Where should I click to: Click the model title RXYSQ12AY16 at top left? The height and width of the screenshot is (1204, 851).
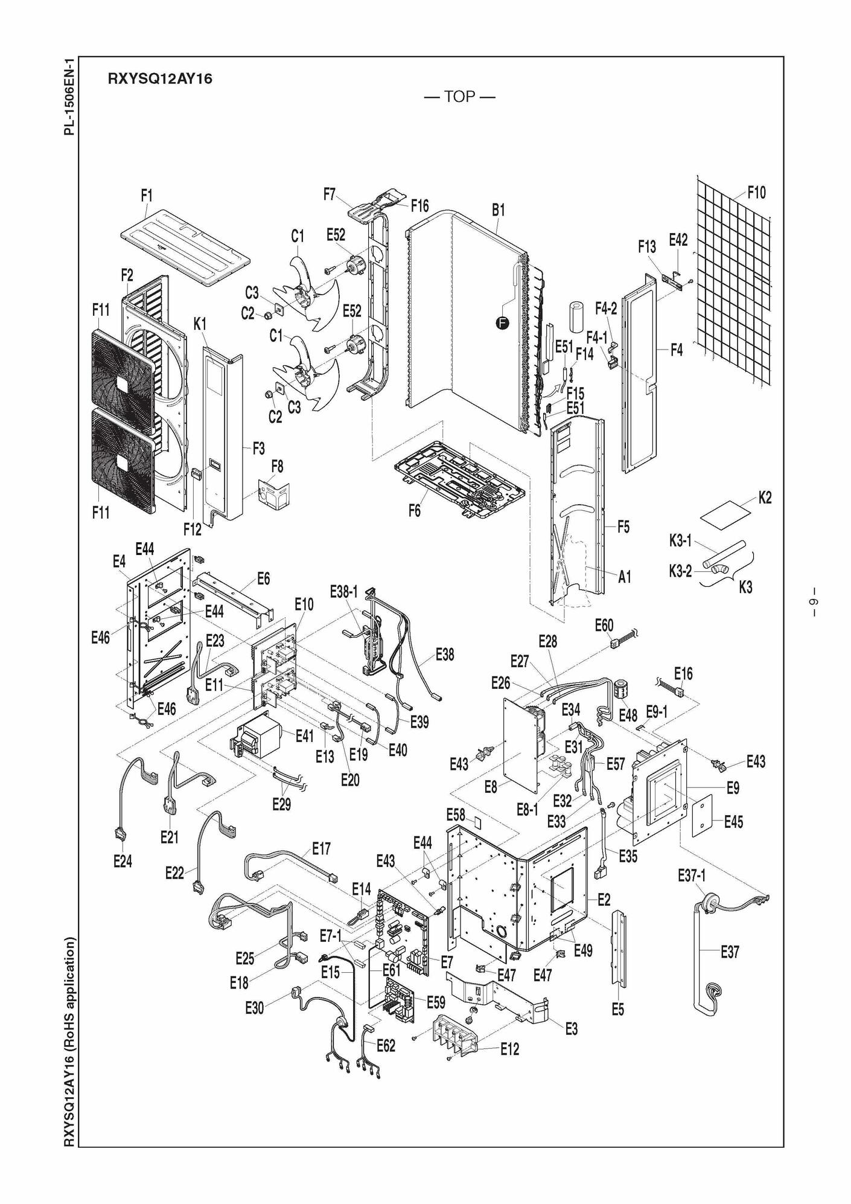160,78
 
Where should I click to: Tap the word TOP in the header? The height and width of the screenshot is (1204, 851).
460,97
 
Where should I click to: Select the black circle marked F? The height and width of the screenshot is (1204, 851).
502,324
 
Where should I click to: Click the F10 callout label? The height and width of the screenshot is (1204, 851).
756,193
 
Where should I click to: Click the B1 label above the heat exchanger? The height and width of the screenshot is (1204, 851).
498,210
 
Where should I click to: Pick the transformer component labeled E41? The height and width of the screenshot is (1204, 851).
258,738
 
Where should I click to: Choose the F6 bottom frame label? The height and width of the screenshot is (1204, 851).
415,510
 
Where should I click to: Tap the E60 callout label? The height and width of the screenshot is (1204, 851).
604,625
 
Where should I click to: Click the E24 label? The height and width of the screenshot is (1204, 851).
123,862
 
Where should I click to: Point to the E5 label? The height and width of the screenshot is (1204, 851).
617,1010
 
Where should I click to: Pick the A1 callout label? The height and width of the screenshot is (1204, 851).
625,577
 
